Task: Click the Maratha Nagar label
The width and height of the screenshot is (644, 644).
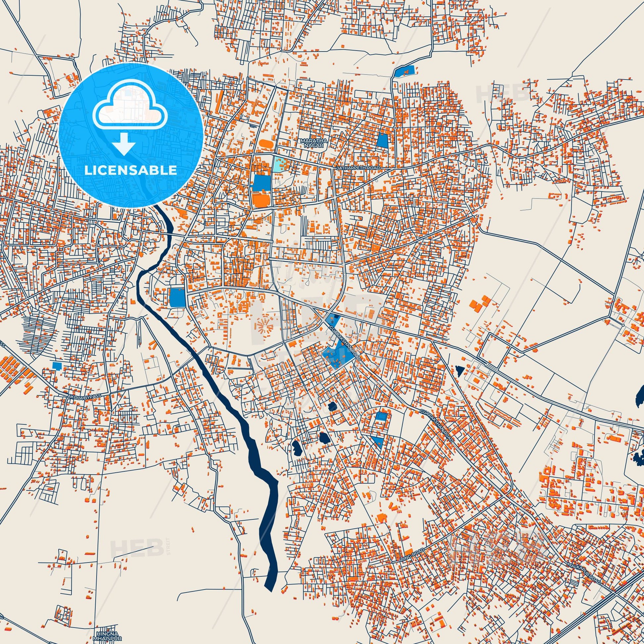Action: [314, 143]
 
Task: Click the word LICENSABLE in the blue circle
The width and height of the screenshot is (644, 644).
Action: [131, 170]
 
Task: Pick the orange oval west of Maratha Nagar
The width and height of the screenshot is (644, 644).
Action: [265, 144]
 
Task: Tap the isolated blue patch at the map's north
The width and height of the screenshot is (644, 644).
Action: [405, 71]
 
